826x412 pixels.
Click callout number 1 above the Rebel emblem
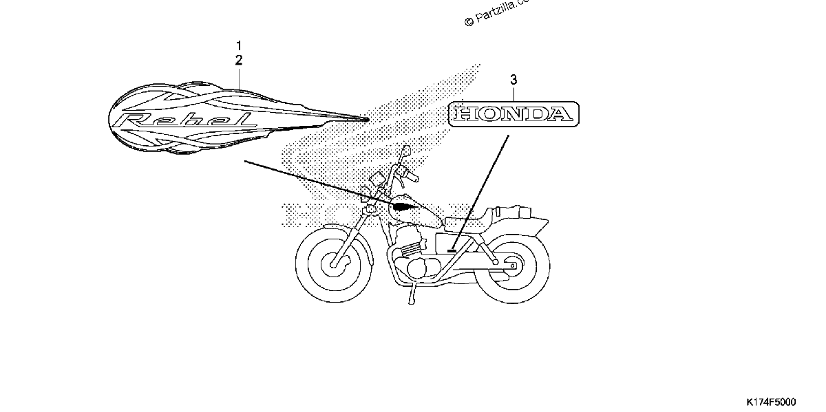[239, 45]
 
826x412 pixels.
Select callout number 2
[239, 60]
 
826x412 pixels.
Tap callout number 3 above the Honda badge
[513, 80]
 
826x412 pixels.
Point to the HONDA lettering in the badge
[513, 114]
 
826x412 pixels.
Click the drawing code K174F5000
[772, 402]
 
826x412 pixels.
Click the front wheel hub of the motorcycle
[334, 264]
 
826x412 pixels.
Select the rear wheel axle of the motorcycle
[512, 265]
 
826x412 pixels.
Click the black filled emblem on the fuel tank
[405, 207]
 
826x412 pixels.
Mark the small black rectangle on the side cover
[452, 251]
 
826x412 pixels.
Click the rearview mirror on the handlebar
[407, 151]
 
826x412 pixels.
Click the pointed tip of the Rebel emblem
[368, 120]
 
